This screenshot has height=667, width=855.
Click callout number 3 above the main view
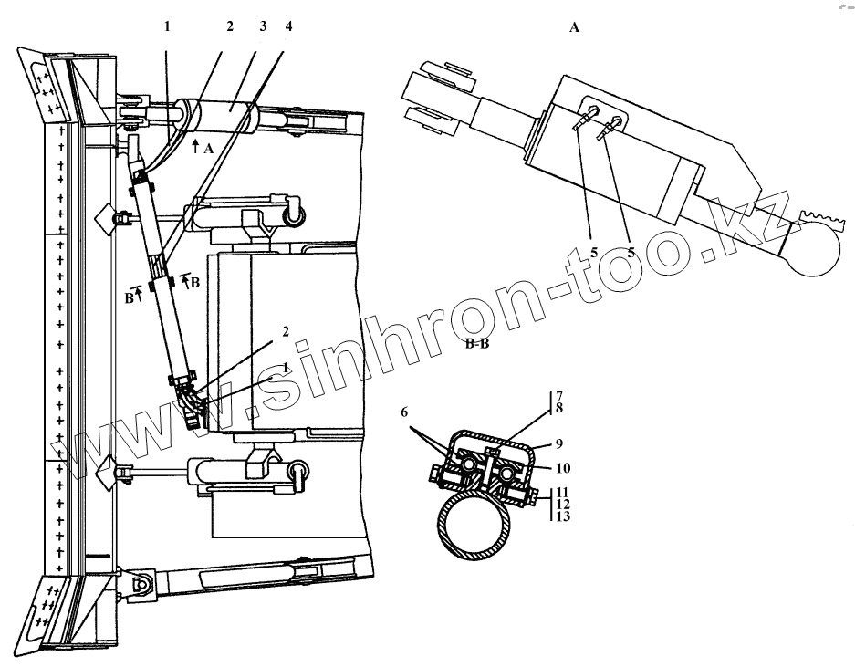pos(263,26)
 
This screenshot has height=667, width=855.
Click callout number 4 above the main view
pos(288,26)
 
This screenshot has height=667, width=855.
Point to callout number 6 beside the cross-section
pos(404,412)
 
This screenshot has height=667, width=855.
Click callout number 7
pos(558,395)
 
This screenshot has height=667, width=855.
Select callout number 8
pos(558,409)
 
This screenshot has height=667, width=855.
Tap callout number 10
pos(562,468)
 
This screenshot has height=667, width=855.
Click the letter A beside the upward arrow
pos(209,147)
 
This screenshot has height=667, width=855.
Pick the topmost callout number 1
pos(167,26)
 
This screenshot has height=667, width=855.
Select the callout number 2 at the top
pos(231,26)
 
